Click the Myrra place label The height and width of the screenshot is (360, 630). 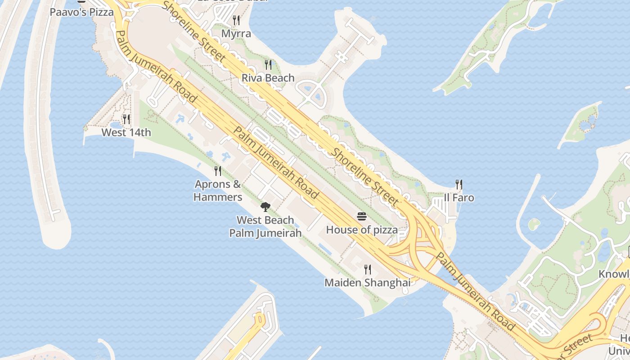tap(236, 34)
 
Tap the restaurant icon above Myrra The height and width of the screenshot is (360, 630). tap(236, 20)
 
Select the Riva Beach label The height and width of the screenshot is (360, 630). tap(268, 78)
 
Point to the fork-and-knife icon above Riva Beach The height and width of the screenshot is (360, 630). tap(268, 65)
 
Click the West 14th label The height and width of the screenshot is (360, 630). tap(126, 132)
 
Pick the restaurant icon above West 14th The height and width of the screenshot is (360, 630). tap(126, 119)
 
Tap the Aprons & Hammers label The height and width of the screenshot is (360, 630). tap(218, 190)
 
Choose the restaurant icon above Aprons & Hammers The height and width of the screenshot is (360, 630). tap(218, 171)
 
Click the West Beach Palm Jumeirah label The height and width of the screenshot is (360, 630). tap(265, 226)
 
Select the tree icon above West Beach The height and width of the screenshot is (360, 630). tap(265, 207)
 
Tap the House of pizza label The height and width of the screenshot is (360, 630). tap(362, 230)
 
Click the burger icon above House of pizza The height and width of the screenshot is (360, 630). tap(362, 216)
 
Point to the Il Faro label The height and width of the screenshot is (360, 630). tap(459, 198)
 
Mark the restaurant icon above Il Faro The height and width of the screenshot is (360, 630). tap(459, 184)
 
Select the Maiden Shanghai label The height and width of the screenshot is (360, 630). tap(368, 283)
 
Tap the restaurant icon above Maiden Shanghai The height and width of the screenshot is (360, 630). tap(368, 270)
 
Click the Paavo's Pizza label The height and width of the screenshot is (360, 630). tap(81, 12)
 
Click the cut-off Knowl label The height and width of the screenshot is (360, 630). tap(614, 274)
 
